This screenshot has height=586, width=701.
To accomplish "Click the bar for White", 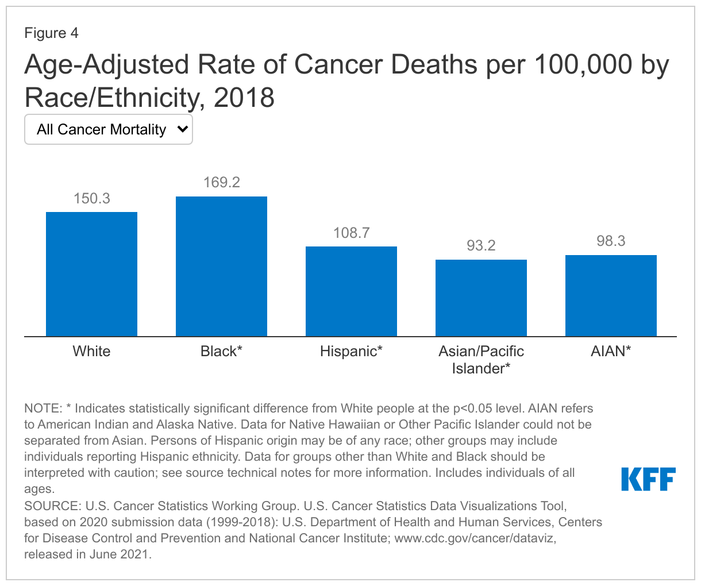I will click(x=91, y=274).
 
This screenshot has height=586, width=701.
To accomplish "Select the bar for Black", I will click(x=221, y=267).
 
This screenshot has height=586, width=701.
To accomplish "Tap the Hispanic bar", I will click(x=351, y=291).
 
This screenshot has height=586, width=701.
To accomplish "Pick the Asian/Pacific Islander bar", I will click(x=481, y=298).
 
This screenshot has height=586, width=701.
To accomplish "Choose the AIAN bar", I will click(x=611, y=295).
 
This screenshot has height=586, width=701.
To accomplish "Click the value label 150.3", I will click(x=91, y=199).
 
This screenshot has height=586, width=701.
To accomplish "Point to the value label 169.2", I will click(x=221, y=183).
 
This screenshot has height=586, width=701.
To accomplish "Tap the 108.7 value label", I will click(x=351, y=233).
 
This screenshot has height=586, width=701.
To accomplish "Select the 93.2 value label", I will click(x=481, y=246).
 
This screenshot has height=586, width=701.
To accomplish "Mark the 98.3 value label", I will click(x=611, y=241).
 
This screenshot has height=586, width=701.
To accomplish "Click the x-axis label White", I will click(x=91, y=351).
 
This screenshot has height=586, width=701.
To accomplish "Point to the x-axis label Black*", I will click(x=221, y=351).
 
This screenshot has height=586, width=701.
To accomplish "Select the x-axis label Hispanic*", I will click(x=351, y=351).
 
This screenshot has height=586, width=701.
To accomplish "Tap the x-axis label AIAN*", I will click(x=611, y=351).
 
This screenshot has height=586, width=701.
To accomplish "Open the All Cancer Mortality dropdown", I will click(x=108, y=130).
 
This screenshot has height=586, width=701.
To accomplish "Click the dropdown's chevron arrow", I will click(x=183, y=129).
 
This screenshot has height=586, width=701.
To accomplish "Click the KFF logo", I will click(x=648, y=479).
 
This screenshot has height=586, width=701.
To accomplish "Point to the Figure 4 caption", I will click(x=51, y=33).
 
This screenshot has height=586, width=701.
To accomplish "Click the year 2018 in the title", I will click(x=244, y=98).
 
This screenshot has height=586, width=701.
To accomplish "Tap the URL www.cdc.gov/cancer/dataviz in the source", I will click(x=475, y=538).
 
